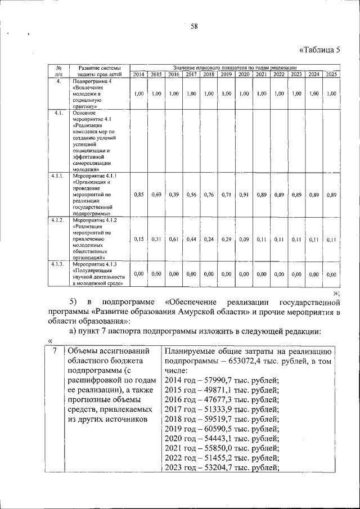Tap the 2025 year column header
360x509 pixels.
pyautogui.click(x=331, y=75)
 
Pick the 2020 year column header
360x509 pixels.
pyautogui.click(x=244, y=75)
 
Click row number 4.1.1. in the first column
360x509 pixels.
pyautogui.click(x=57, y=177)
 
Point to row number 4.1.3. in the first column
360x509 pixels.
pyautogui.click(x=57, y=264)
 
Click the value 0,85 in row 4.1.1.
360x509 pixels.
pyautogui.click(x=139, y=195)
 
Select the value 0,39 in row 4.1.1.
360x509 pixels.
pyautogui.click(x=174, y=195)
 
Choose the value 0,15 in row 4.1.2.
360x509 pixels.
pyautogui.click(x=139, y=239)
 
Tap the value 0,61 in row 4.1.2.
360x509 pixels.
pyautogui.click(x=174, y=239)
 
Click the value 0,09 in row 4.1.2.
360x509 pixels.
pyautogui.click(x=244, y=239)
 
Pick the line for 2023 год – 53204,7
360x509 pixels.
pyautogui.click(x=222, y=467)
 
